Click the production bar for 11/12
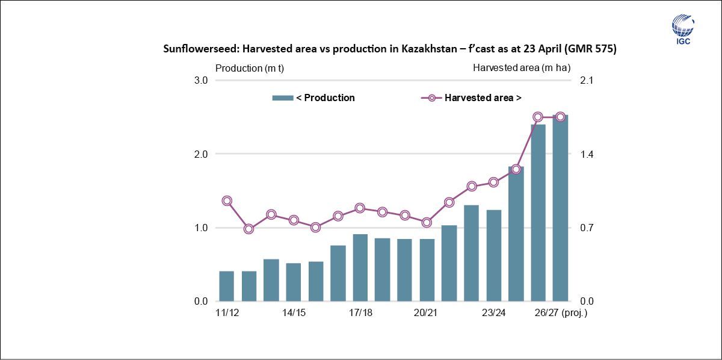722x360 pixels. (226, 287)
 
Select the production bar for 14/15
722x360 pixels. (293, 282)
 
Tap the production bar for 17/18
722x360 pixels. (360, 268)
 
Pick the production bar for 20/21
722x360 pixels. (427, 270)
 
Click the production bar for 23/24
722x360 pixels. (493, 256)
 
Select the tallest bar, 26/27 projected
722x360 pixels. (560, 208)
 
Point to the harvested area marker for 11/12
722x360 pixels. (226, 201)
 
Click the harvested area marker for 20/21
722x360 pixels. (427, 222)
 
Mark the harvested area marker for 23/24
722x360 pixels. (493, 182)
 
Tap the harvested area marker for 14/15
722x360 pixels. (293, 220)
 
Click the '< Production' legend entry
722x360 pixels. (313, 98)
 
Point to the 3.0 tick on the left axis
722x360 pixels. (200, 81)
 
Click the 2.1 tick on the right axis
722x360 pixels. (587, 81)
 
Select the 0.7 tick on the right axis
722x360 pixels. (587, 228)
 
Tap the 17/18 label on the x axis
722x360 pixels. (360, 313)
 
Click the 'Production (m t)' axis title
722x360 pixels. (249, 68)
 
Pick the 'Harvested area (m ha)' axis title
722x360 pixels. (521, 68)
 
